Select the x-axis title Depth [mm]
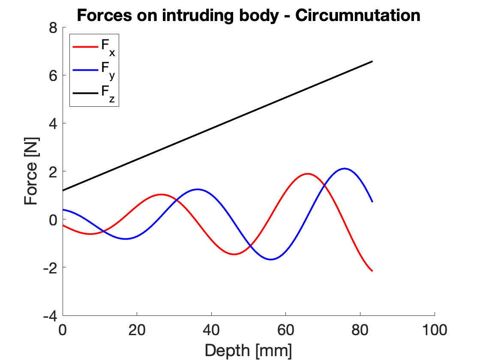point(249,350)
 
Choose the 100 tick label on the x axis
point(435,330)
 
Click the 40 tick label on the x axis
point(212,330)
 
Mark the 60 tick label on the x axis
point(286,330)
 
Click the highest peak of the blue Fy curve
point(344,168)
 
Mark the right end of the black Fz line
point(372,61)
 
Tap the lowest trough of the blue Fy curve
point(271,259)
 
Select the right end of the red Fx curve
point(372,271)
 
